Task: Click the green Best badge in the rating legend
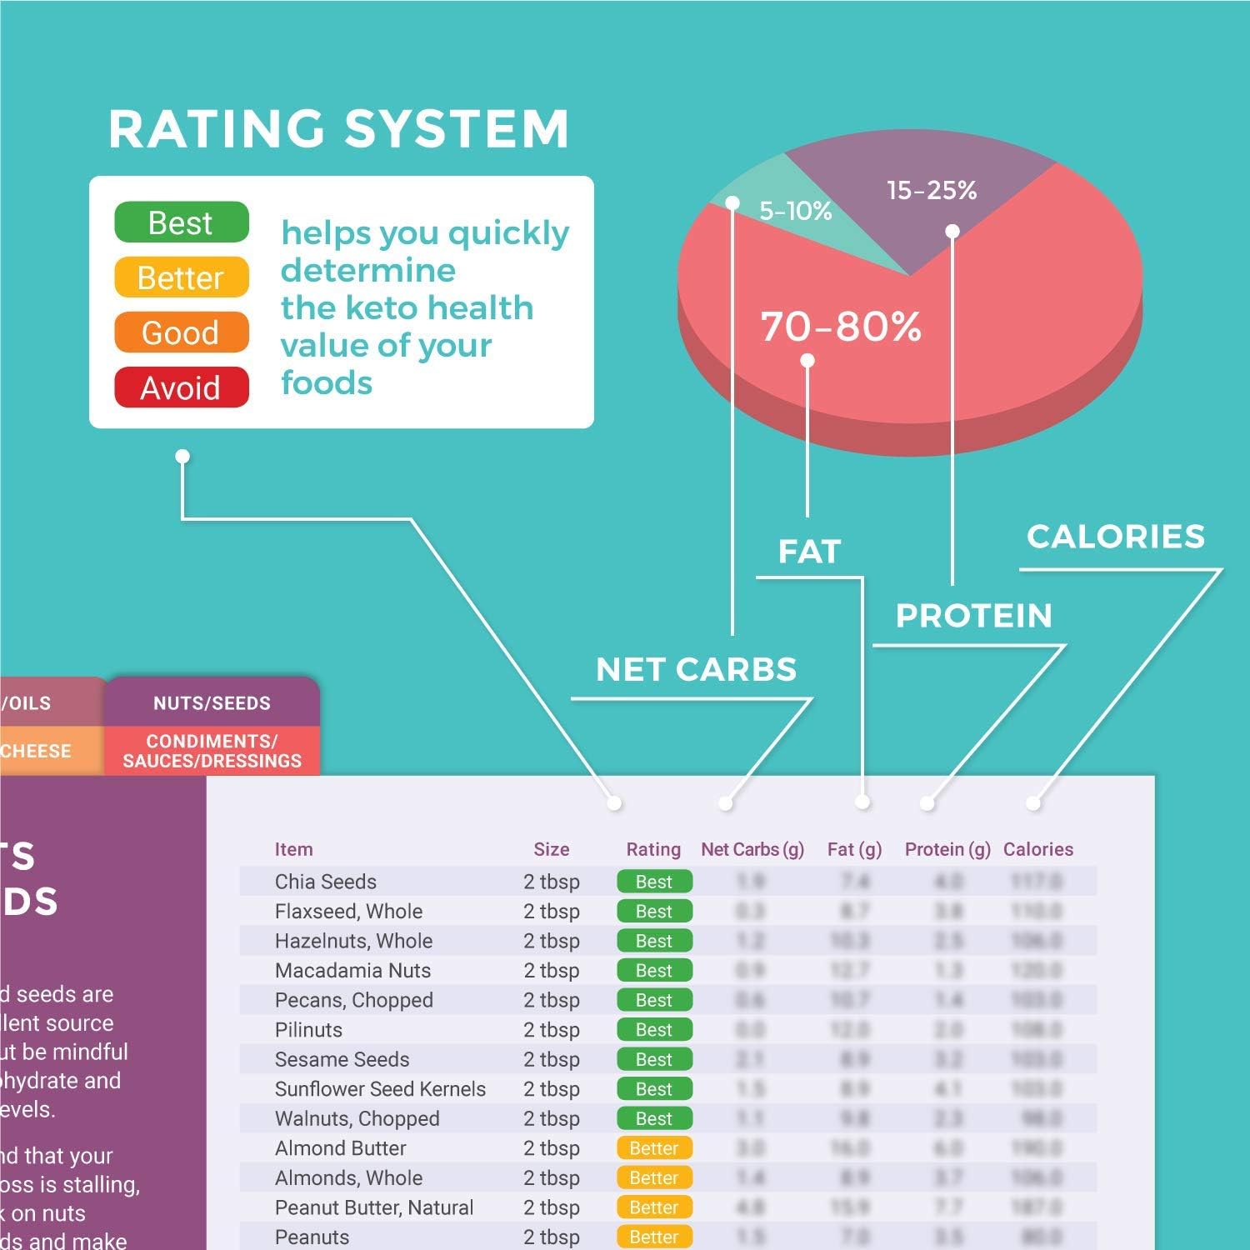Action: point(181,222)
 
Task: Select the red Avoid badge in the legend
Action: point(181,387)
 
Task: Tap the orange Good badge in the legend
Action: point(181,332)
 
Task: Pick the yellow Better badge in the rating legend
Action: point(181,277)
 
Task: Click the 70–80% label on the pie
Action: point(840,326)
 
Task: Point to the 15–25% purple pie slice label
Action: point(932,190)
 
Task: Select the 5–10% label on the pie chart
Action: point(795,211)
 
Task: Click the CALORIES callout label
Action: point(1115,537)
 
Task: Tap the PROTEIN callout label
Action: point(973,616)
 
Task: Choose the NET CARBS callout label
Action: point(696,669)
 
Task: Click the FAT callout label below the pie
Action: point(809,551)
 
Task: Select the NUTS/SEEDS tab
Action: point(212,702)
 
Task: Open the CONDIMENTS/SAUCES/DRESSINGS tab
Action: point(212,751)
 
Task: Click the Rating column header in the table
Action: point(653,849)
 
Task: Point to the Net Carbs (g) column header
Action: point(752,849)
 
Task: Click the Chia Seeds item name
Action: point(325,882)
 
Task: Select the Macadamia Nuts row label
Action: point(352,971)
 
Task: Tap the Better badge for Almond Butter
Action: point(654,1148)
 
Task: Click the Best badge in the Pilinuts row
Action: point(654,1030)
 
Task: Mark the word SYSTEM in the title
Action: point(456,129)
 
